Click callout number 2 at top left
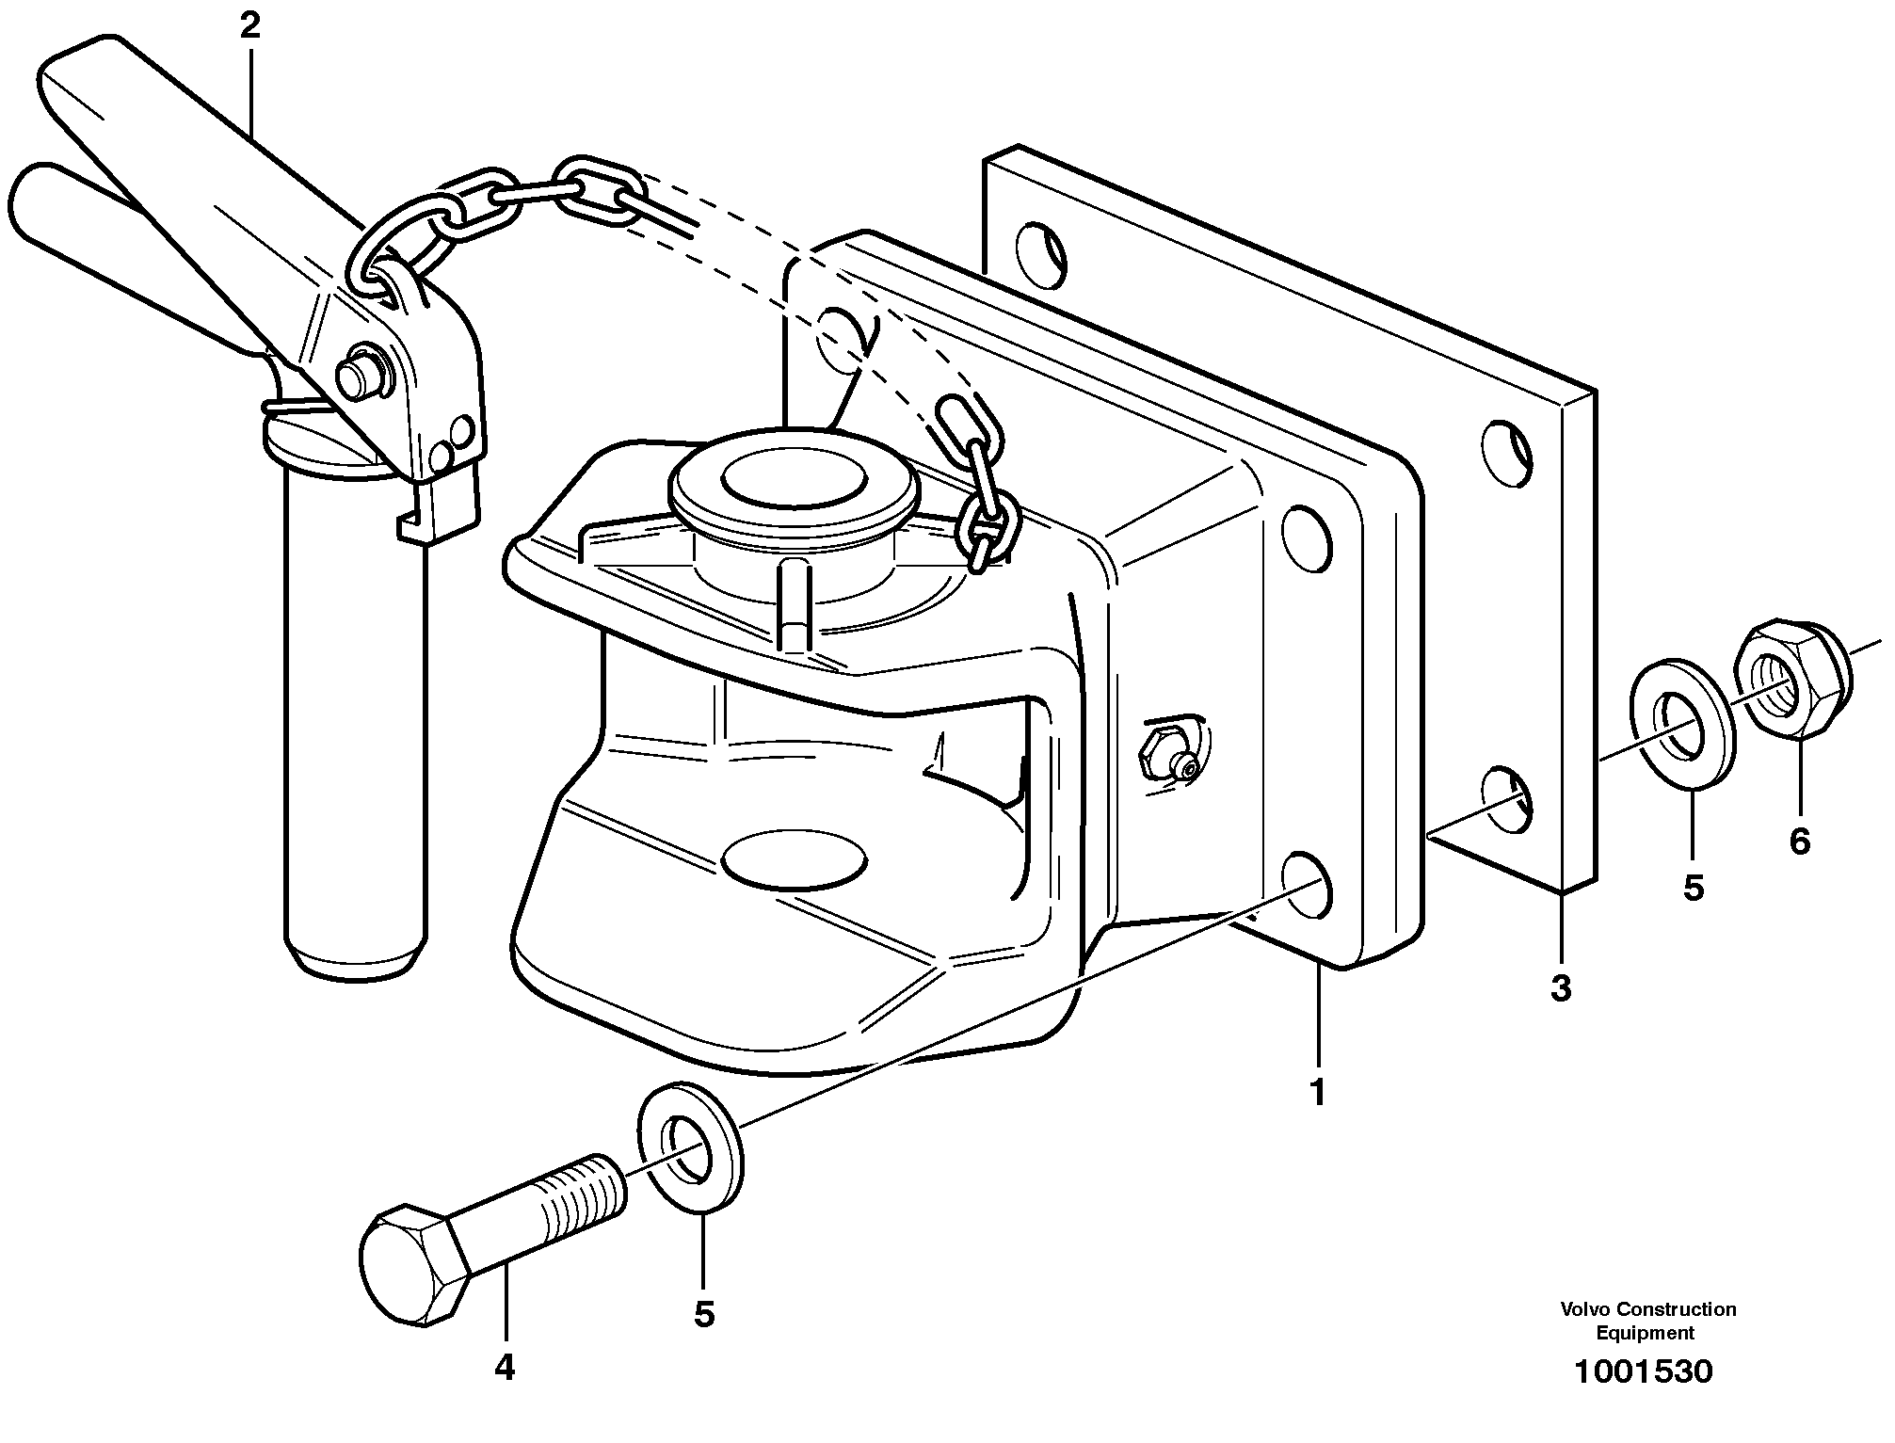[x=249, y=25]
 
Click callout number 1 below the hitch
[x=1317, y=1092]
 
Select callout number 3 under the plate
[x=1561, y=988]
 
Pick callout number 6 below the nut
[x=1799, y=841]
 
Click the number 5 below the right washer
[x=1694, y=887]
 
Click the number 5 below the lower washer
[x=704, y=1314]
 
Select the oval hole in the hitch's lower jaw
[x=794, y=858]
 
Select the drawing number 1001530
[x=1644, y=1371]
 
